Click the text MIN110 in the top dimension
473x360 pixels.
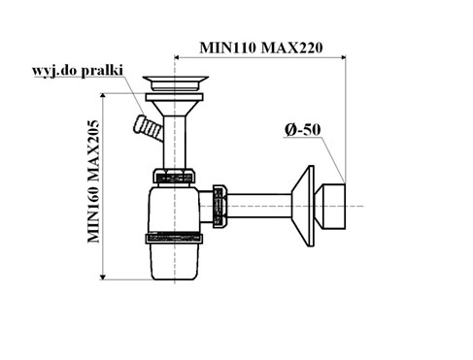(227, 48)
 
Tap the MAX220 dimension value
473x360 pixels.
(291, 48)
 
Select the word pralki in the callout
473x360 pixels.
(102, 71)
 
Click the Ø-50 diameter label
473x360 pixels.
(303, 130)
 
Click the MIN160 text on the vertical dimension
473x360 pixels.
(93, 213)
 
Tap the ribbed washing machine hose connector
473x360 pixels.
(149, 128)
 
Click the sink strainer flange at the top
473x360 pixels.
(175, 83)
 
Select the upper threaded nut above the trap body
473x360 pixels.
(175, 176)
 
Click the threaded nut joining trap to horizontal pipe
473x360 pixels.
(220, 206)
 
